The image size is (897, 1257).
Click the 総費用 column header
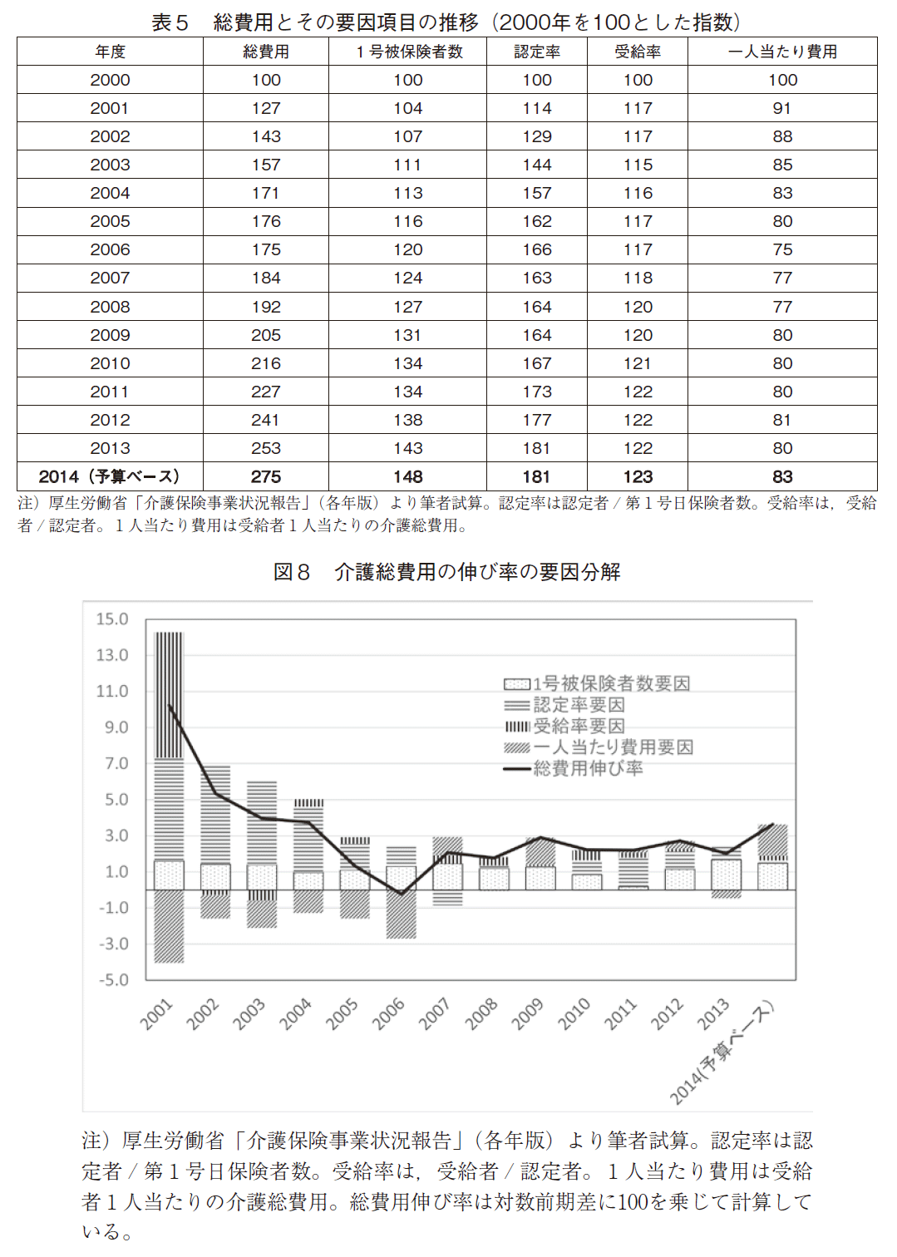tap(266, 52)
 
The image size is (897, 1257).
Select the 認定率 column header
tap(537, 52)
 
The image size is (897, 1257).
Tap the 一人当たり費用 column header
tap(782, 52)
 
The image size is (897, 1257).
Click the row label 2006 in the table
tap(110, 249)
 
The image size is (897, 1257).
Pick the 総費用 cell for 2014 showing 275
tap(266, 477)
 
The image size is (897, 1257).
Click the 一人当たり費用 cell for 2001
tap(782, 108)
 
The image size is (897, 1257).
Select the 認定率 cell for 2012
tap(537, 421)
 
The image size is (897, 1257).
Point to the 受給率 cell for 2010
tap(638, 363)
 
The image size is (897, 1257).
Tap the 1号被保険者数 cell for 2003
tap(408, 165)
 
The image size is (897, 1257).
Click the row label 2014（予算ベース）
tap(110, 477)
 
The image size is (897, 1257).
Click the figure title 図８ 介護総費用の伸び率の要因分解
tap(447, 572)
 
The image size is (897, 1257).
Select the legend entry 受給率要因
tap(565, 726)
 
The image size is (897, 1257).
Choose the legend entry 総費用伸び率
tap(574, 767)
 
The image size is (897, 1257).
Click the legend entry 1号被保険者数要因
tap(597, 683)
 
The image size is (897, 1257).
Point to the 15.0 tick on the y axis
tap(112, 619)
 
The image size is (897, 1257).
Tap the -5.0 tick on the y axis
tap(113, 980)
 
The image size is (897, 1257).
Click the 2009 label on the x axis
tap(527, 1013)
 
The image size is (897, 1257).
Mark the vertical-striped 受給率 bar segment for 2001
tap(169, 695)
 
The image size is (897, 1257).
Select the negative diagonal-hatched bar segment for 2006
tap(401, 914)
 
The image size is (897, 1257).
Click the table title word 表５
tap(170, 22)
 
